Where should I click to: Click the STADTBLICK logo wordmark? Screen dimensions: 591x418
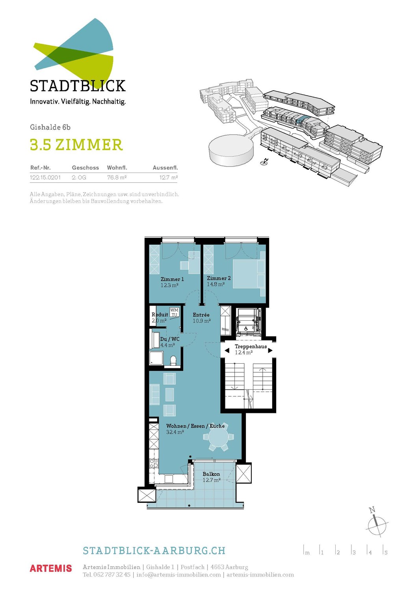click(x=78, y=86)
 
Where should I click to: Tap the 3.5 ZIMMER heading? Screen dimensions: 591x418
click(x=76, y=145)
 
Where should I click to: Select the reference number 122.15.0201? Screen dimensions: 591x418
click(x=45, y=178)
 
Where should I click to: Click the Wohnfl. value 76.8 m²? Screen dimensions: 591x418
click(x=117, y=178)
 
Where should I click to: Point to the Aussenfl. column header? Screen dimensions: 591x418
click(x=165, y=168)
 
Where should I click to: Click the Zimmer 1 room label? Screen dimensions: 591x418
click(x=172, y=279)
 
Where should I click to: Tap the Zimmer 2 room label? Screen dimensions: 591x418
click(x=219, y=278)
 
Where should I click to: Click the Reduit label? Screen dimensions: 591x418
click(x=160, y=314)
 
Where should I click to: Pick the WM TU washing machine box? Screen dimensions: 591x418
click(x=174, y=312)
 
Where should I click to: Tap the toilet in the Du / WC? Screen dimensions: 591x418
click(x=173, y=360)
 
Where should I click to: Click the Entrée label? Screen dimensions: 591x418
click(x=201, y=315)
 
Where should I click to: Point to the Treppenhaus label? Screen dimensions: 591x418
click(x=251, y=346)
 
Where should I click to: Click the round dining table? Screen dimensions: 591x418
click(x=218, y=437)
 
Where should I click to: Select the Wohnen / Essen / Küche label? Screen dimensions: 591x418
click(x=195, y=426)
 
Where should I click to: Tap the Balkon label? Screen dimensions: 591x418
click(x=211, y=474)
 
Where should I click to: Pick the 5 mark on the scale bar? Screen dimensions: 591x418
click(x=386, y=552)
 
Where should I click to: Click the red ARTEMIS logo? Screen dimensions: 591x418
click(x=51, y=569)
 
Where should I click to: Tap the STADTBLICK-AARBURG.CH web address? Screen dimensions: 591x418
click(x=154, y=550)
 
